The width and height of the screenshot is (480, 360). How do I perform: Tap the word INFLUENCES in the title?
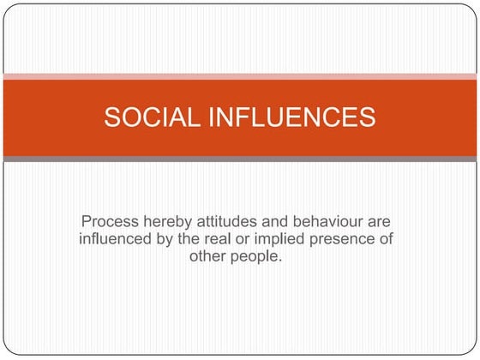tap(288, 117)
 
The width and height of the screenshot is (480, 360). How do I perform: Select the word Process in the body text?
tap(109, 222)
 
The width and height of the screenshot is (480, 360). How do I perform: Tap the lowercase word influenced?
tap(117, 239)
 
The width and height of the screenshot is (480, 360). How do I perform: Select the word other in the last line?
tap(210, 256)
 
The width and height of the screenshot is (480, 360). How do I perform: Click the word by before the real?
tap(167, 239)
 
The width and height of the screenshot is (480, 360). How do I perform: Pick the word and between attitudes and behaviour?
tap(276, 222)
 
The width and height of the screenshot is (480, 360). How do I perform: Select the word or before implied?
tap(249, 239)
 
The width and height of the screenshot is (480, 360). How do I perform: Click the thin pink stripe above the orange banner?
tap(240, 76)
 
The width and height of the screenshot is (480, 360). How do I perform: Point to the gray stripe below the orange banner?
tap(240, 159)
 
